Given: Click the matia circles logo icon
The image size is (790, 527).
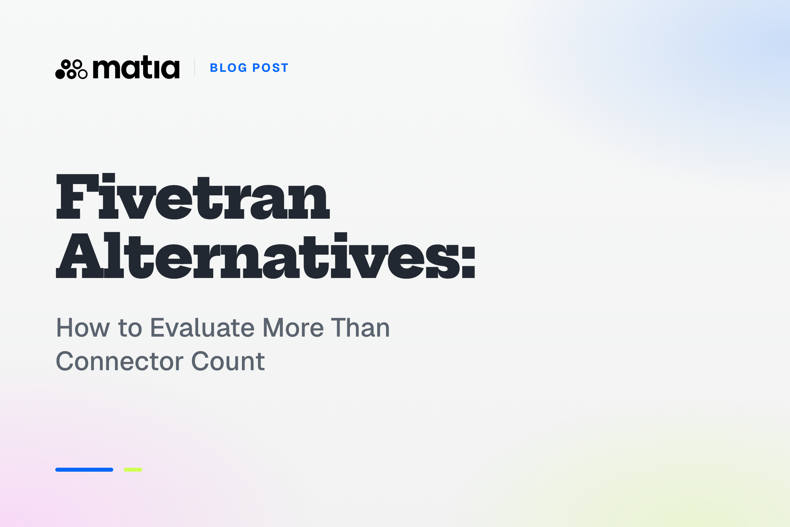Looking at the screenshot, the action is click(x=71, y=69).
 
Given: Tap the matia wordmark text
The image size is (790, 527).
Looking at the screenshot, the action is click(x=136, y=67).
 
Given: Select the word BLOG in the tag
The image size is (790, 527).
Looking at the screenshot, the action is click(x=228, y=68).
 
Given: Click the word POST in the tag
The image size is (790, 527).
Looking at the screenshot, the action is click(x=270, y=68).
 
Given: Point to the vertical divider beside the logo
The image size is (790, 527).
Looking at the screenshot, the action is click(x=195, y=67).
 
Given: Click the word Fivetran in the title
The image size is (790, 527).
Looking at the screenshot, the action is click(x=193, y=196).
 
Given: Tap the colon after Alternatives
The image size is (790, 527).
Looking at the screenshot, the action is click(x=468, y=263).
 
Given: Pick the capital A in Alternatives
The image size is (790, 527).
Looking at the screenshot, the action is click(x=80, y=256).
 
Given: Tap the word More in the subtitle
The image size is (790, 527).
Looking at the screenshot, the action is click(x=293, y=328).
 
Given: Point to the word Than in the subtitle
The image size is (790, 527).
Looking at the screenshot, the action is click(x=360, y=328).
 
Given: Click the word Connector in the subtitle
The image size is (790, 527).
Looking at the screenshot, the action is click(x=119, y=362).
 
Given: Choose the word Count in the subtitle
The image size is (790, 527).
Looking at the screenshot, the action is click(x=228, y=362).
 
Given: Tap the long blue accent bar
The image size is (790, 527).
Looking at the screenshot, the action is click(x=84, y=470).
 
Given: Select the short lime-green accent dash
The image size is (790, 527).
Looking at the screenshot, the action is click(x=133, y=470).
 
